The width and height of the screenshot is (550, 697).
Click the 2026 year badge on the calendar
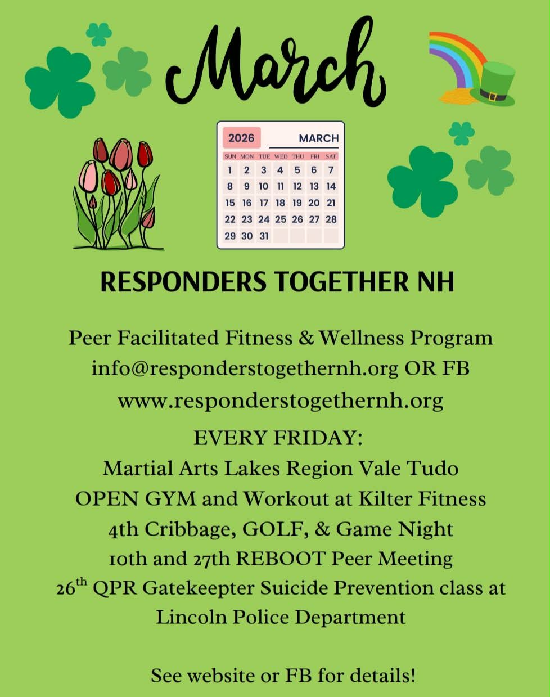(x=242, y=138)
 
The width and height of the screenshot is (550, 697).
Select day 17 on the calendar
(x=264, y=203)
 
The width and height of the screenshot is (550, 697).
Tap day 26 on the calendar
(x=297, y=219)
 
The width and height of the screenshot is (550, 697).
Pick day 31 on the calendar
(x=264, y=236)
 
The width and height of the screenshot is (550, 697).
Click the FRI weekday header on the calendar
(x=315, y=156)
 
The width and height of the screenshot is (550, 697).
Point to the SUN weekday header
(x=231, y=156)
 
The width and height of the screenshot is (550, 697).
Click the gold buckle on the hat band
(x=493, y=97)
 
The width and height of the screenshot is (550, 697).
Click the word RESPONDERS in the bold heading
(x=183, y=282)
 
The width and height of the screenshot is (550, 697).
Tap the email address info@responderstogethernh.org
(x=245, y=369)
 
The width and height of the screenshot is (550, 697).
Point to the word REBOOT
(x=281, y=559)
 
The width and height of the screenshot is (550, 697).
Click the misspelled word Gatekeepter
(x=198, y=588)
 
